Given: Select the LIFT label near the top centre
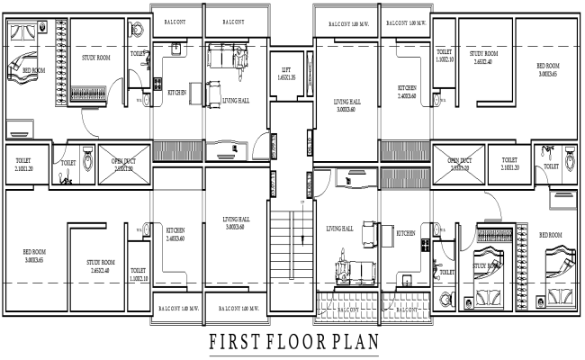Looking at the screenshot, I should (286, 72).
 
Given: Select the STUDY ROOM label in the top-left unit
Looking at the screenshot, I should (95, 58).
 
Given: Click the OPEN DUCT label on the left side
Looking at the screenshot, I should (122, 165).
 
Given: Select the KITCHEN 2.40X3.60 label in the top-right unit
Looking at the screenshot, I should (407, 91).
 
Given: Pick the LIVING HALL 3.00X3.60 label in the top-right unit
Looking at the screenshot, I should (346, 105).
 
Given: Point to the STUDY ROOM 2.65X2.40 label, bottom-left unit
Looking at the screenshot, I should (100, 265).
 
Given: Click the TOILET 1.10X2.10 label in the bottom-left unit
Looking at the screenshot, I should (139, 274).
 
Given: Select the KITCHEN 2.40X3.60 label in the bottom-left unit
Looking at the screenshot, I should (175, 234).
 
